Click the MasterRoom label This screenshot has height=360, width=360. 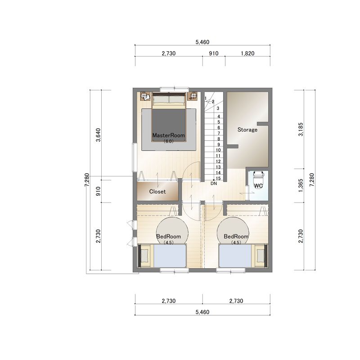[168, 135]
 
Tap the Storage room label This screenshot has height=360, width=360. [247, 130]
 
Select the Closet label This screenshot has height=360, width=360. [157, 192]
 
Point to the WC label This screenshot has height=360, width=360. [258, 186]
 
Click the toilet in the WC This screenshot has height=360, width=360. [258, 180]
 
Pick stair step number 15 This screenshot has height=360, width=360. [218, 178]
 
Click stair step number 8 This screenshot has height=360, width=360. [219, 139]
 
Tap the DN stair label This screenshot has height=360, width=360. [214, 184]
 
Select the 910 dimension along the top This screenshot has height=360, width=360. [213, 53]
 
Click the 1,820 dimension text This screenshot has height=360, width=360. [247, 53]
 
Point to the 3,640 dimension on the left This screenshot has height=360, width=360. [98, 135]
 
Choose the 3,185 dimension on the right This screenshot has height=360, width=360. [301, 129]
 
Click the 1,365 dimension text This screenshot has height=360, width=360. [301, 185]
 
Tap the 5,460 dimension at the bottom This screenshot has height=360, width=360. [202, 312]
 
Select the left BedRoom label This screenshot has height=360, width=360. [168, 236]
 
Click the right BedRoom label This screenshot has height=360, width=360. [236, 236]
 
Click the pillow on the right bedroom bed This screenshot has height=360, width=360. [260, 256]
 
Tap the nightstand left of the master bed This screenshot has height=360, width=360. [145, 96]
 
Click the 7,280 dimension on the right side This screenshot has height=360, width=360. [311, 180]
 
